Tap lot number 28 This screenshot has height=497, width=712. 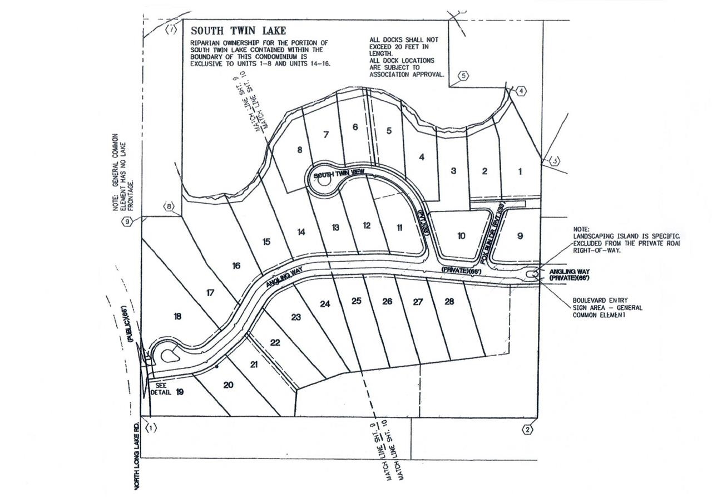[x=449, y=302]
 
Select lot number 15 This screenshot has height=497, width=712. [x=266, y=242]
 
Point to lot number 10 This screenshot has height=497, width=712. [x=461, y=236]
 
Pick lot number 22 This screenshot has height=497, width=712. [x=275, y=342]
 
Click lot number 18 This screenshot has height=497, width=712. [x=177, y=317]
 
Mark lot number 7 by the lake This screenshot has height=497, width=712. [x=327, y=134]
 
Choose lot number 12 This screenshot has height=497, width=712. [x=367, y=225]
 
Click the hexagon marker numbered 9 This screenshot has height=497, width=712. [x=127, y=222]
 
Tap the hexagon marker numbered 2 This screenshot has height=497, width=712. [x=527, y=429]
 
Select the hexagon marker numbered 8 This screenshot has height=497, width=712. [x=169, y=208]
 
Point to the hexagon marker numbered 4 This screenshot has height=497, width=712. [x=521, y=91]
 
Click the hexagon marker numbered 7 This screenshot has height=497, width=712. [x=171, y=29]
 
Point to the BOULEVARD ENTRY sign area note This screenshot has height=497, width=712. [x=607, y=307]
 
